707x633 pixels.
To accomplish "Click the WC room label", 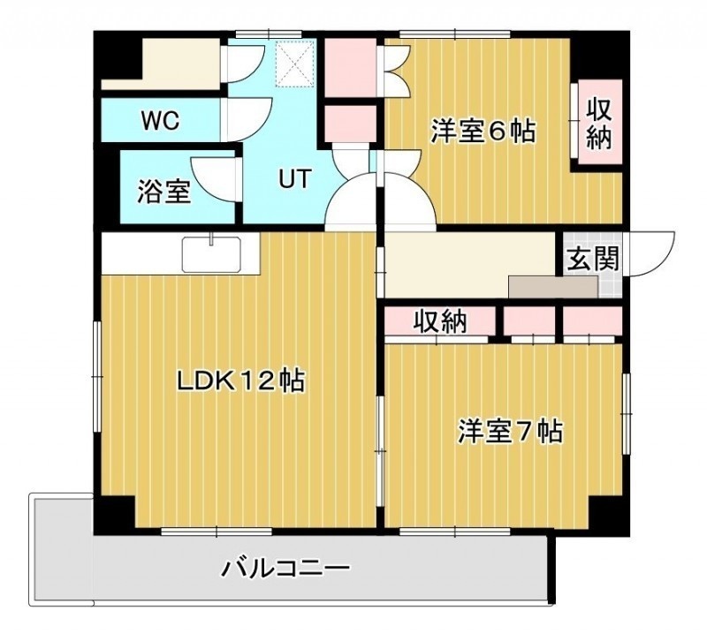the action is tap(160, 120).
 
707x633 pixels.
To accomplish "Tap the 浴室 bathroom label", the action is tap(164, 191).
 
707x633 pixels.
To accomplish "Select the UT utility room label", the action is tap(295, 178).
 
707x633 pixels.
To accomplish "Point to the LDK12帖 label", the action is tap(240, 381).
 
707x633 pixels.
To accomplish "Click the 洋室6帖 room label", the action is tap(483, 132).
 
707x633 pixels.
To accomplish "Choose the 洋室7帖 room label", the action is tap(511, 432).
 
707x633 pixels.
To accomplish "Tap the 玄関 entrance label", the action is tap(592, 259).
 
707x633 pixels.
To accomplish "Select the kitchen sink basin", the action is tap(211, 254).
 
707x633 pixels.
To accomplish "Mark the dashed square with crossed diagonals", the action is tap(295, 63).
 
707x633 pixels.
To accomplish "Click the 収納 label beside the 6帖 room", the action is tap(599, 123).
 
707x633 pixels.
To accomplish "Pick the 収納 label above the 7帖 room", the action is tap(440, 321).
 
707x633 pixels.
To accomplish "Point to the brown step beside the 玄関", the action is tap(553, 287).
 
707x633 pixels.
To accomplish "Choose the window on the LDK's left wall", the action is tap(97, 377).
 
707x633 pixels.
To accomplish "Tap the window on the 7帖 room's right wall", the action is tap(627, 413).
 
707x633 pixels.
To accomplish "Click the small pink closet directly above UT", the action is tap(351, 124).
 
